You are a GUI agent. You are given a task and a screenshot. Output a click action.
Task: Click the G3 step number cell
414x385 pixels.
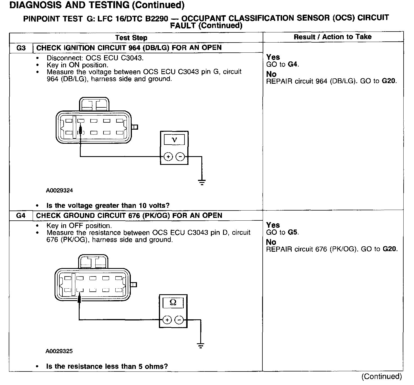click(21, 48)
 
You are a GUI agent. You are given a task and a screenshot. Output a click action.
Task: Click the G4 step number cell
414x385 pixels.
click(21, 216)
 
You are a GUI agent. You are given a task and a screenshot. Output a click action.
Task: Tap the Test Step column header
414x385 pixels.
click(131, 38)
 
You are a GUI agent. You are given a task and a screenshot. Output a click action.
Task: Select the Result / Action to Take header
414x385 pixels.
click(332, 37)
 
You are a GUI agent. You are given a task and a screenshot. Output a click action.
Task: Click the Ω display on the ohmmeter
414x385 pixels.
click(173, 303)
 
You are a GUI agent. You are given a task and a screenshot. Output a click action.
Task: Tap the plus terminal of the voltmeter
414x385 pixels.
click(168, 157)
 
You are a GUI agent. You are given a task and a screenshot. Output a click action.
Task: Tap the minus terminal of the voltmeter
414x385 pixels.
click(180, 157)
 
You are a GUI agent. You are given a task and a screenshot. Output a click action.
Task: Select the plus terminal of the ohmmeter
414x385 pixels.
click(167, 320)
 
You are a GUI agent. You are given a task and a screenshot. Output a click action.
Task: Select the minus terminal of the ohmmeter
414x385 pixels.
click(179, 320)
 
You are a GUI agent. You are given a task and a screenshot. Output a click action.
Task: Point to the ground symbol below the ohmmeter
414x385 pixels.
click(201, 346)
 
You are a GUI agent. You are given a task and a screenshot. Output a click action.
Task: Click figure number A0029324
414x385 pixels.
click(59, 191)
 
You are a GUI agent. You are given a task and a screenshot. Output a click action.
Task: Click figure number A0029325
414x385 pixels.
click(59, 351)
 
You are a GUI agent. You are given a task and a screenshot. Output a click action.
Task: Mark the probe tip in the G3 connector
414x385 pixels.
click(80, 130)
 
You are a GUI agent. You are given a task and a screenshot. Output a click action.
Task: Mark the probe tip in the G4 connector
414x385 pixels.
click(79, 297)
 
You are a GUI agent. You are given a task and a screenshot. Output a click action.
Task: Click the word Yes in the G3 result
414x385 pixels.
click(273, 57)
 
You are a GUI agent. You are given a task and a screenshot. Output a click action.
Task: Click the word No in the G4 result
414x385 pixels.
click(271, 242)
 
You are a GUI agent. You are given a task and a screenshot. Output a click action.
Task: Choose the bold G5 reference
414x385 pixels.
click(294, 233)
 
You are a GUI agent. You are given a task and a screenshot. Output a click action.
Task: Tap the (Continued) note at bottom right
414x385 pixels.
click(382, 377)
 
